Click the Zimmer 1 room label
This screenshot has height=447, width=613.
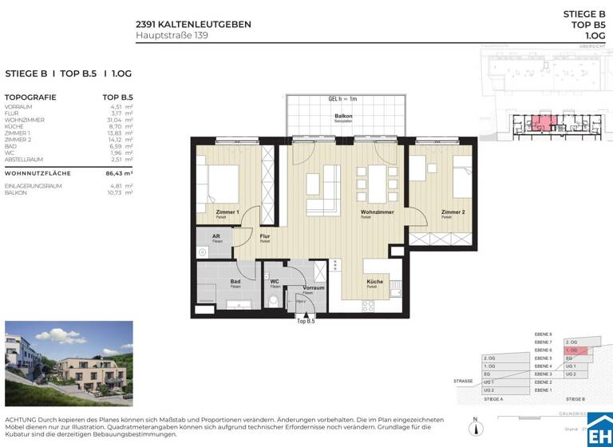point(227,212)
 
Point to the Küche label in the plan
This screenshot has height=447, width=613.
point(375,282)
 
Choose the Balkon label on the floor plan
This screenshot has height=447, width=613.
point(343,116)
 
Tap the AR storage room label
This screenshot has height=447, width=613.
point(216,237)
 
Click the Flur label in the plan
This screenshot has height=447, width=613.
point(265,237)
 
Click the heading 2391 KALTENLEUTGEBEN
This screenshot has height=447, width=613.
point(193,24)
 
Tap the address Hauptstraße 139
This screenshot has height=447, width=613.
point(172,35)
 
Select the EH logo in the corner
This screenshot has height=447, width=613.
point(600,429)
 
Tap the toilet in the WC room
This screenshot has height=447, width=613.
point(272,301)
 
